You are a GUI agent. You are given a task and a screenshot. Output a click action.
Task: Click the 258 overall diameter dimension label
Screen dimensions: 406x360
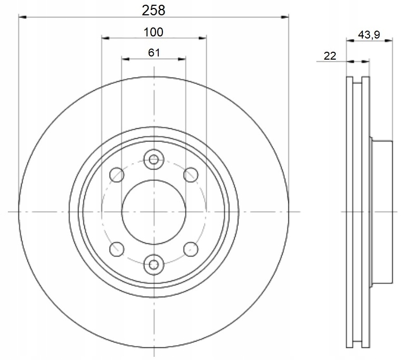tap(153, 11)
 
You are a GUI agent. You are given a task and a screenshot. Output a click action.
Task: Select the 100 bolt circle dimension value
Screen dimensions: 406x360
tap(153, 32)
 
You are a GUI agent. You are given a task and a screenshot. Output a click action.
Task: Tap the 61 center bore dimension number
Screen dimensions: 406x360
tap(154, 53)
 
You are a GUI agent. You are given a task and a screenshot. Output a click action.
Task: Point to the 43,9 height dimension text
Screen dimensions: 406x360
tap(369, 34)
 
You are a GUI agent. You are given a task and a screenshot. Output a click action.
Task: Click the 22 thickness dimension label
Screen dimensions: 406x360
tap(330, 56)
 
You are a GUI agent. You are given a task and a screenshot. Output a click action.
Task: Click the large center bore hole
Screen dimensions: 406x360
tap(154, 212)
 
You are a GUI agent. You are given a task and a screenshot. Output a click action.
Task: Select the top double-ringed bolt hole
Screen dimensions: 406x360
tap(154, 159)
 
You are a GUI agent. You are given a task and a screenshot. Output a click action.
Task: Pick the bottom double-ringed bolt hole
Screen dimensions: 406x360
tap(154, 264)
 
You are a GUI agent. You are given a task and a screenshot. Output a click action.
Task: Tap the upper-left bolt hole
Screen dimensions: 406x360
tap(117, 175)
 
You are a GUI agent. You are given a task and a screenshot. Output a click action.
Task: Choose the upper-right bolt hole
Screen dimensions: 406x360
tap(191, 175)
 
